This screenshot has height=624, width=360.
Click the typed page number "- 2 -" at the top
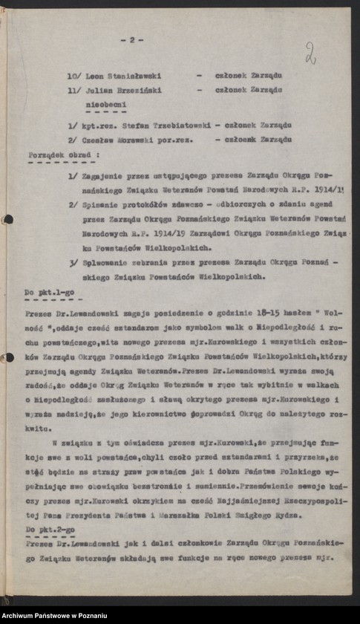pos(135,40)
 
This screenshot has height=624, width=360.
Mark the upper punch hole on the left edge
pos(7,220)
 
